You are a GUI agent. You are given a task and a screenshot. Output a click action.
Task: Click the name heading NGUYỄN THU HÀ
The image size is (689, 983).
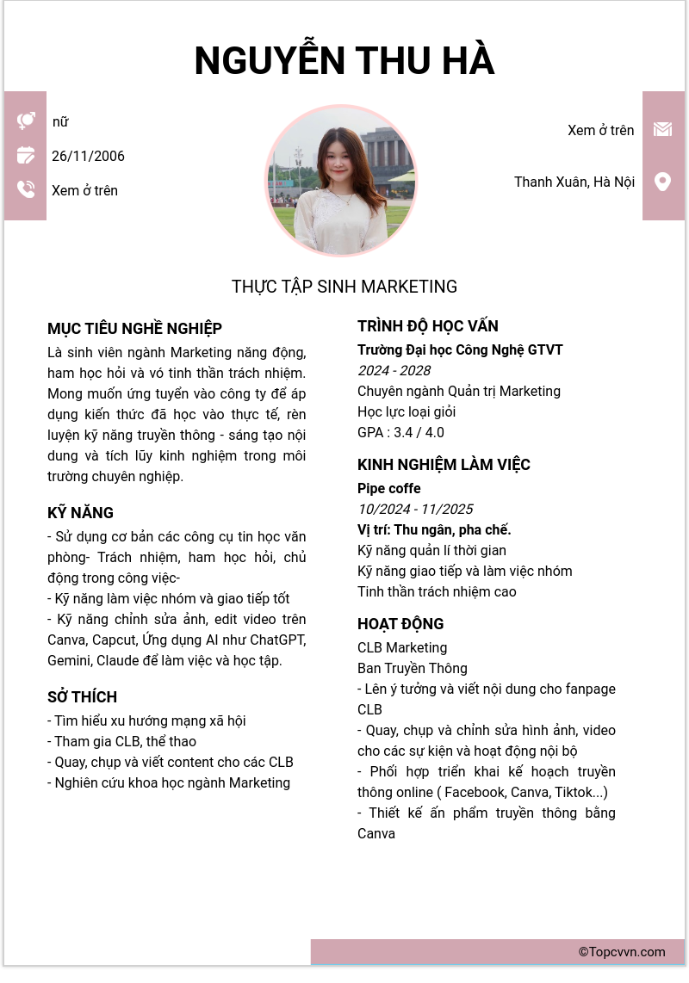tap(344, 60)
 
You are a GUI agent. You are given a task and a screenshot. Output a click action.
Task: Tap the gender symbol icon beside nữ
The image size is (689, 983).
tap(26, 121)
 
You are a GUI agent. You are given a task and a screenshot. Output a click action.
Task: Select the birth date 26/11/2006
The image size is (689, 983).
tap(88, 156)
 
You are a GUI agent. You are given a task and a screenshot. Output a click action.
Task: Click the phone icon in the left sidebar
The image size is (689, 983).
tap(26, 189)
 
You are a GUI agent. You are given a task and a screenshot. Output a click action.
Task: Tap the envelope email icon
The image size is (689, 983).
tap(662, 129)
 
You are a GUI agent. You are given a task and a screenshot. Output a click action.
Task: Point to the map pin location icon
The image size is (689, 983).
tap(662, 182)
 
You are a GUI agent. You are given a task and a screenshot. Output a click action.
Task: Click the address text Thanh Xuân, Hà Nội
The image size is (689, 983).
tap(574, 182)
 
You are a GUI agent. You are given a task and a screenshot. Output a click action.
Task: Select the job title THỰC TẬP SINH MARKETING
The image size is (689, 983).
tap(344, 287)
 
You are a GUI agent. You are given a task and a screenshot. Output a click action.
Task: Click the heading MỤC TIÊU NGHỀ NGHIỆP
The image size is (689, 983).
tap(134, 329)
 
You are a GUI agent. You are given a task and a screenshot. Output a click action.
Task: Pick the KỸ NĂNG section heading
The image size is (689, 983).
tap(80, 513)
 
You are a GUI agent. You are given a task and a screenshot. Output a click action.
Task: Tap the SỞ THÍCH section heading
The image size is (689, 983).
tap(82, 697)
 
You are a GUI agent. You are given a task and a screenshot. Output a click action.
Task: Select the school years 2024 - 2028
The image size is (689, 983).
tap(394, 370)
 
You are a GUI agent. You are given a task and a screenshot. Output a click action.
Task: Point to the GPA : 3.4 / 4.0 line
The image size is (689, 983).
tap(400, 432)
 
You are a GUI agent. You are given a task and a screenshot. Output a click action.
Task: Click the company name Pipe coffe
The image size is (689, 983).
tap(389, 488)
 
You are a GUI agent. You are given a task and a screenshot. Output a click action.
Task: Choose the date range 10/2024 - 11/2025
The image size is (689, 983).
tap(415, 509)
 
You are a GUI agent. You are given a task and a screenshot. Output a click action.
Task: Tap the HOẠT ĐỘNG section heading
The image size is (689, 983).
tap(400, 624)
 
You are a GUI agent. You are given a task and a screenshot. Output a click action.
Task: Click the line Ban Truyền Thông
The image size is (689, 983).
tap(413, 668)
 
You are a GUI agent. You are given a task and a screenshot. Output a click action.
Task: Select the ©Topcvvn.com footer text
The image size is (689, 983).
tap(622, 952)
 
